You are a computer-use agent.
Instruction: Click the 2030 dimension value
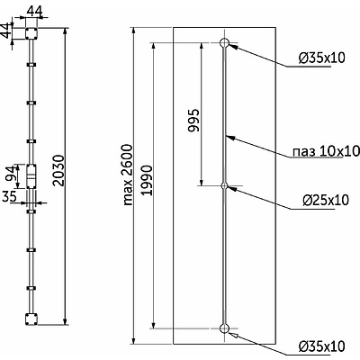coord(58,170)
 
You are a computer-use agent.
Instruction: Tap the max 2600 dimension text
coord(128,175)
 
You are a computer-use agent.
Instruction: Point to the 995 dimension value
coord(193,120)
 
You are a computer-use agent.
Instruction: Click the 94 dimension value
coord(10,174)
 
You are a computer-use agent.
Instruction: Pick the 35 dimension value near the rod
coord(9,197)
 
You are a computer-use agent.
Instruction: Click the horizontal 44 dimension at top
coord(35,11)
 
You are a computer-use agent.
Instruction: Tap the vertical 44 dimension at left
coord(5,31)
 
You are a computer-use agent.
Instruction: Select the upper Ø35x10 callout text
coord(322,58)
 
